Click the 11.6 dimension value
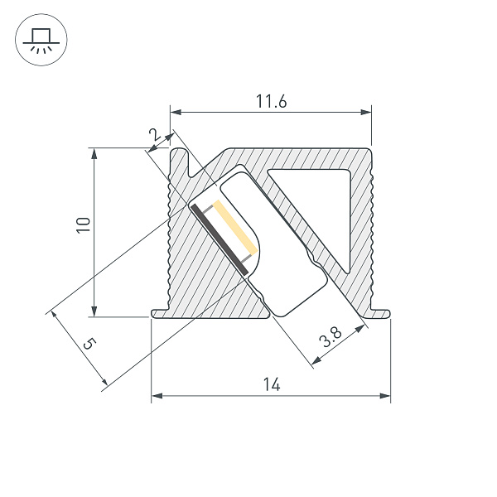tap(271, 103)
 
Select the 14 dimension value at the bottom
tap(271, 384)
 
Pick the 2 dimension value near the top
tap(152, 135)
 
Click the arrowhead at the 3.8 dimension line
tap(361, 330)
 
